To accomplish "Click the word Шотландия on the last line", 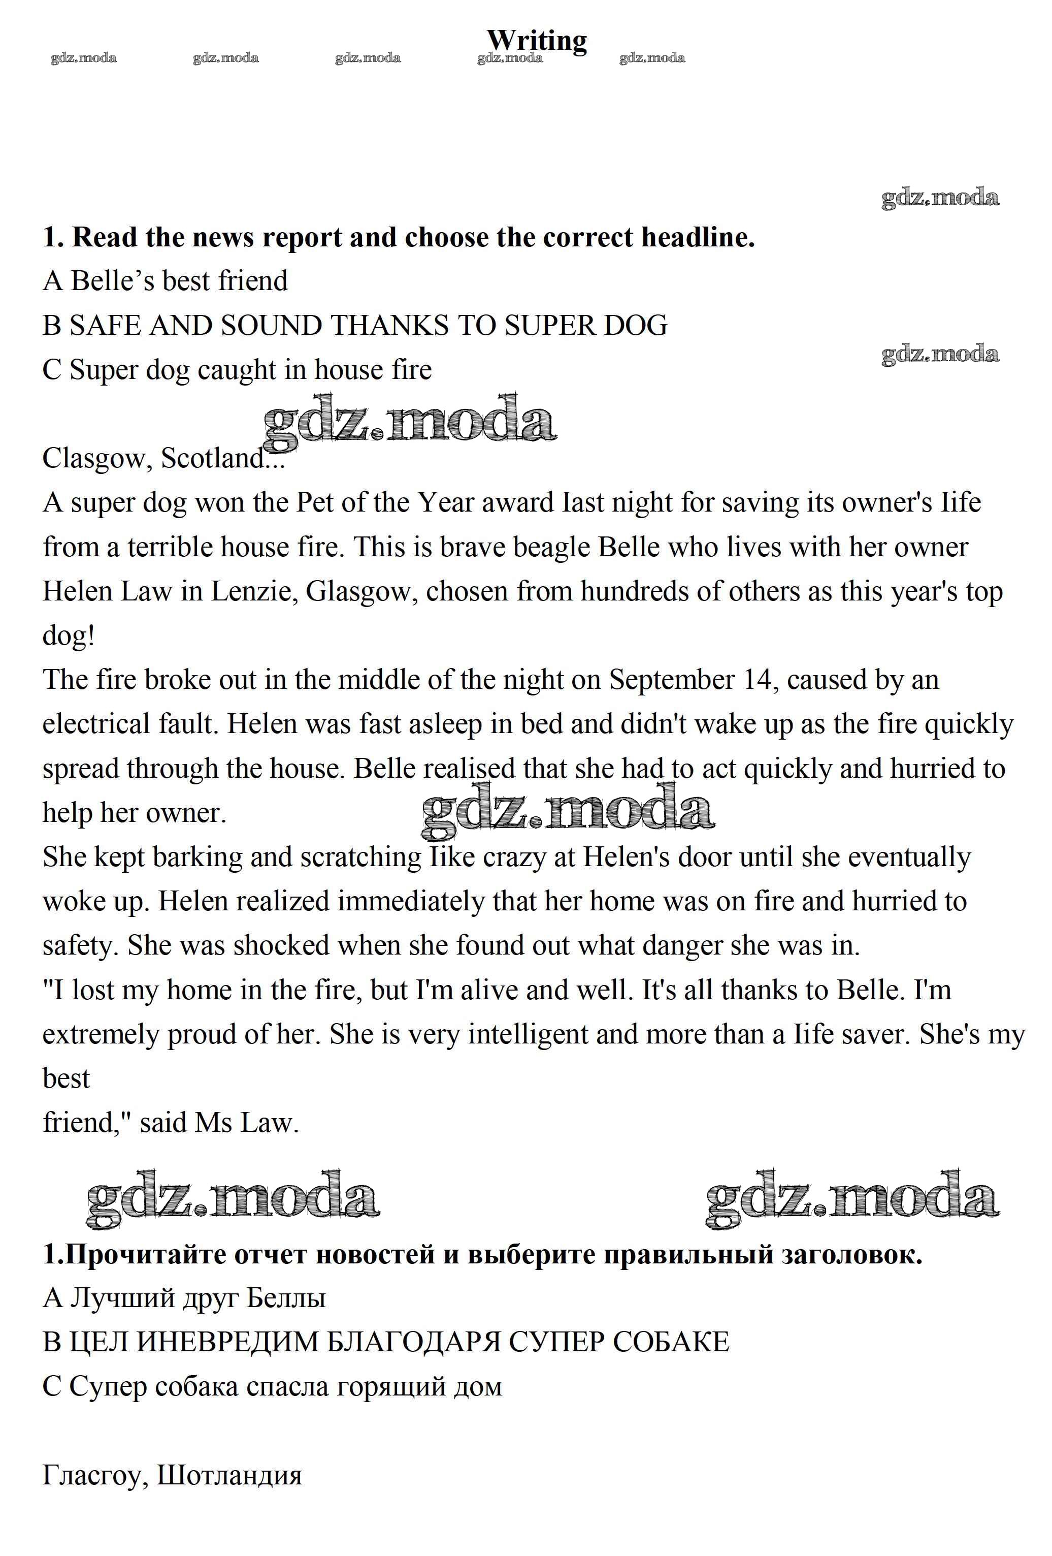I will pyautogui.click(x=229, y=1476).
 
